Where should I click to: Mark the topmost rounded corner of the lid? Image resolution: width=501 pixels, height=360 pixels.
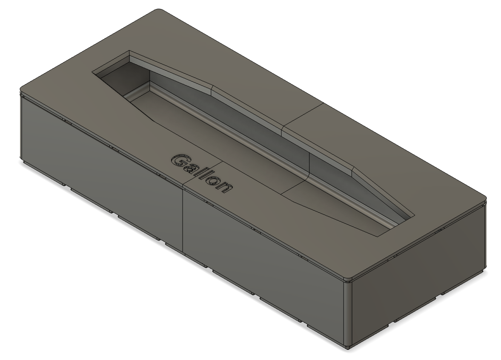pos(159,10)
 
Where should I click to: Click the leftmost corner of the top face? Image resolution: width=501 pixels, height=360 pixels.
pos(21,90)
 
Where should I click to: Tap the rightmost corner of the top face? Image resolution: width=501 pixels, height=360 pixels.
pos(485,197)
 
